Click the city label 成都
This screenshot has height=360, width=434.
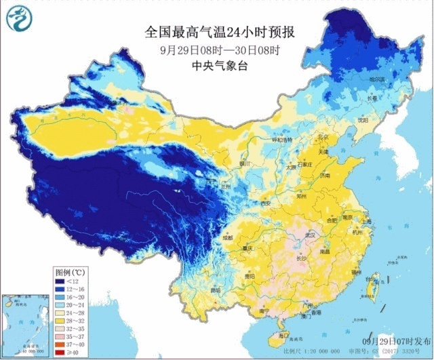226,238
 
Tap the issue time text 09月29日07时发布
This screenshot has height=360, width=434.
393,340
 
